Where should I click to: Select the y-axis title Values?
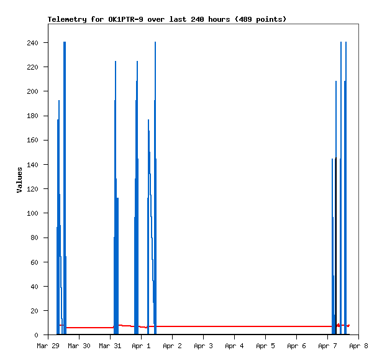coord(19,180)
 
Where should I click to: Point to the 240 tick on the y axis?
coord(32,43)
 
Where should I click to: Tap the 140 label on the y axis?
coord(32,165)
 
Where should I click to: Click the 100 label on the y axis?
coord(32,213)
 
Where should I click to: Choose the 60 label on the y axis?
coord(34,262)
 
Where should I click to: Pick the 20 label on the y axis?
coord(34,311)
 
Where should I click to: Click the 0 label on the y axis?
coord(37,335)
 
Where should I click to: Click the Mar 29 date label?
coord(48,346)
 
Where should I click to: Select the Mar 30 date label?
coord(79,346)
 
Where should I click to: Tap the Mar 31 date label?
coord(110,346)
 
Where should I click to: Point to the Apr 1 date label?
coord(141,346)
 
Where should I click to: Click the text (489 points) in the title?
coord(262,19)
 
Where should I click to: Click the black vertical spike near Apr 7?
coord(336,249)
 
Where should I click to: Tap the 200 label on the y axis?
coord(32,91)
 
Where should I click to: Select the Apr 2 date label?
coord(172,346)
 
